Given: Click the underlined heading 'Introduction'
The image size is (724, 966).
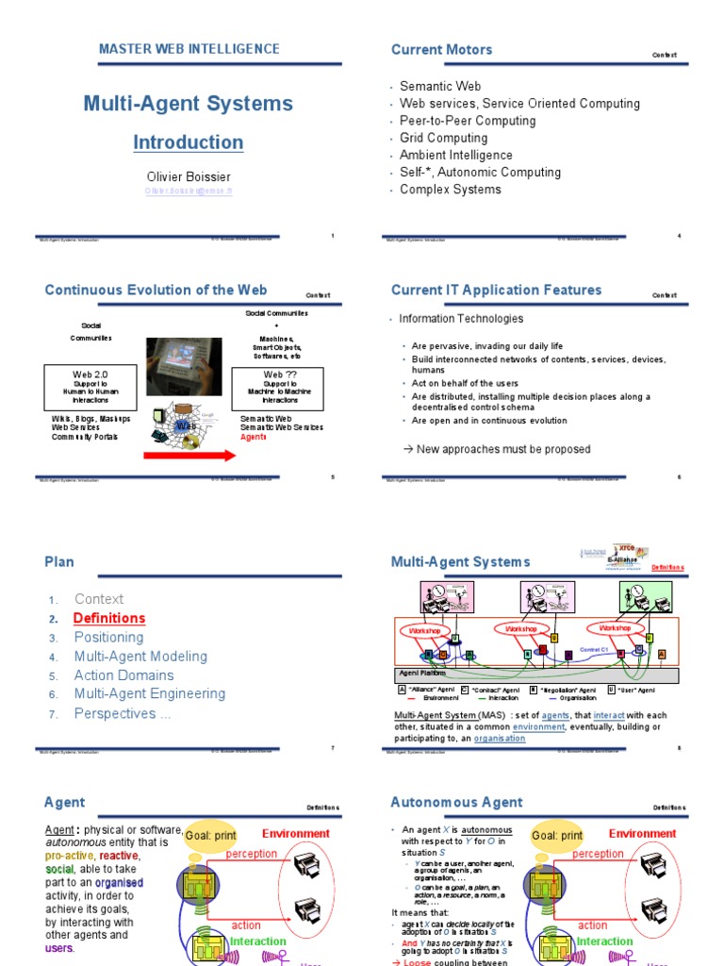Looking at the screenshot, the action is [x=188, y=142].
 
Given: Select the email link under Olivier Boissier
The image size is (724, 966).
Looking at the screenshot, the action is [x=189, y=190].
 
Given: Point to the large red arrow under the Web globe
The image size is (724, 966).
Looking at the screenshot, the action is [x=189, y=457].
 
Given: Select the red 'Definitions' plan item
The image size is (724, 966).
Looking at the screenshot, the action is [x=109, y=618].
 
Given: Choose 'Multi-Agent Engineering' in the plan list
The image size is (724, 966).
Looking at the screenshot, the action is [x=150, y=693].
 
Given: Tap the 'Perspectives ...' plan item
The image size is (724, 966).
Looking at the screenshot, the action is [x=123, y=713].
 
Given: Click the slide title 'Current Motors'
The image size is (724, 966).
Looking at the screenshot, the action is [x=441, y=49].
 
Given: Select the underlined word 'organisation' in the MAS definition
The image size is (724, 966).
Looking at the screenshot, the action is [x=500, y=739].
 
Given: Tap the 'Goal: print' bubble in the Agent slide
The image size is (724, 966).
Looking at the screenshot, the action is [x=210, y=836].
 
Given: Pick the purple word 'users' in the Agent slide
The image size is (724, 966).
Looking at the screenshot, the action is [x=58, y=948].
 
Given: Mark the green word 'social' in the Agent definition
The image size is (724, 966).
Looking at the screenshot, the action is [x=59, y=868].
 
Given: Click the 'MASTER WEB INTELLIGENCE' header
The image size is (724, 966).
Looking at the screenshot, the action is [x=189, y=49].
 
